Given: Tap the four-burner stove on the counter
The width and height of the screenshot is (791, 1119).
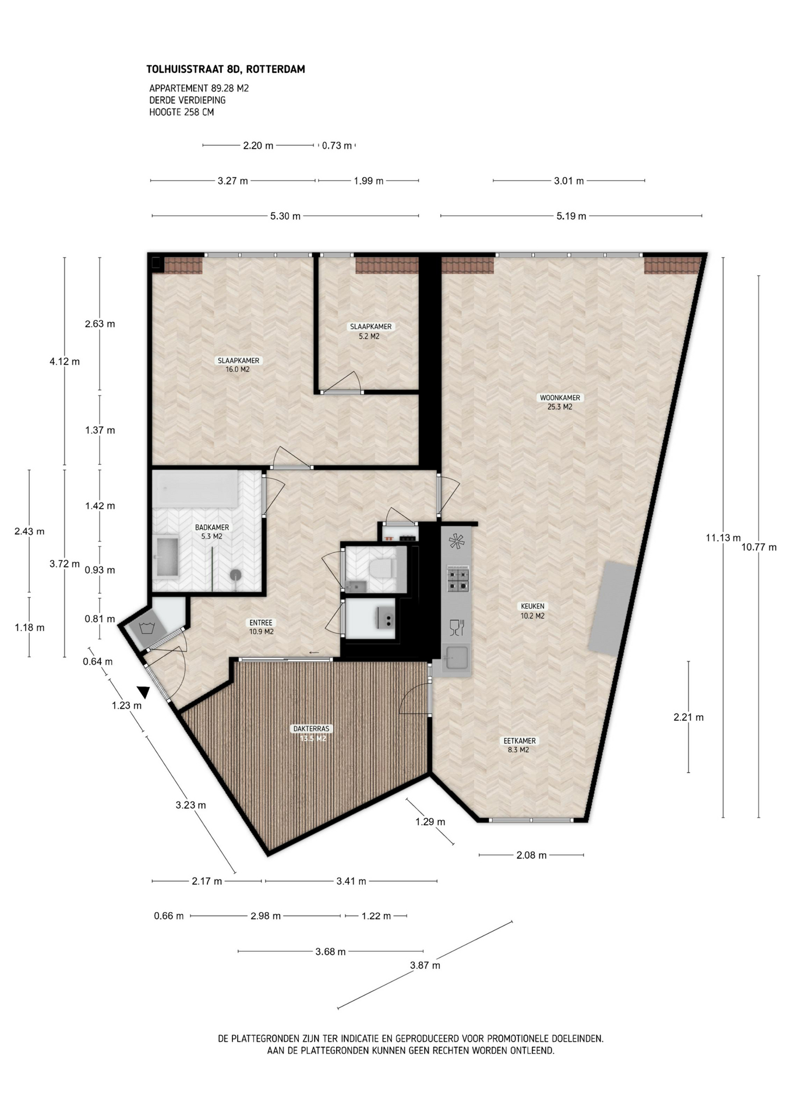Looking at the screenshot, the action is coord(457,579).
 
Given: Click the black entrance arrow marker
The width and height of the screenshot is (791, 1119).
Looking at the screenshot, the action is coord(143,692).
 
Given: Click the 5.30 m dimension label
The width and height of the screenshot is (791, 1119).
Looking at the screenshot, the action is coord(285,216).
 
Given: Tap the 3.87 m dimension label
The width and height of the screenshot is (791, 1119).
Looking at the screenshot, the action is coord(425,965).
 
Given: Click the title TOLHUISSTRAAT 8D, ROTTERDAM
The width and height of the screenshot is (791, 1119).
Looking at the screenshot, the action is coord(226,69).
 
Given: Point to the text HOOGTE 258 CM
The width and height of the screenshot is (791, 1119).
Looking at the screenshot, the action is coord(182,112).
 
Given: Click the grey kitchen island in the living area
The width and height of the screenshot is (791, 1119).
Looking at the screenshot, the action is coord(611,608).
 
